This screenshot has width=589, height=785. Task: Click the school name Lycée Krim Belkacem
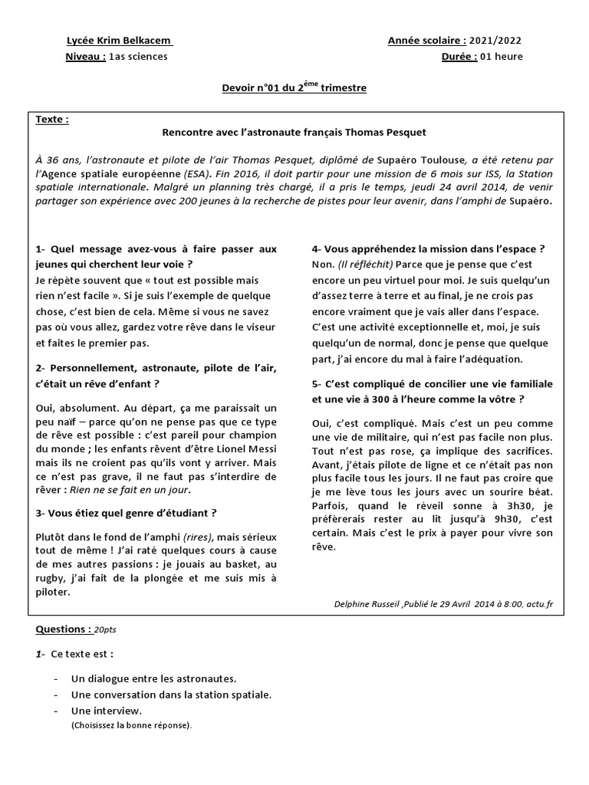[119, 41]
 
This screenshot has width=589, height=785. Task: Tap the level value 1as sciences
[138, 56]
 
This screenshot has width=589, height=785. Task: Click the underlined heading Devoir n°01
[248, 89]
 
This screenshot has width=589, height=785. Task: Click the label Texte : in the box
[52, 120]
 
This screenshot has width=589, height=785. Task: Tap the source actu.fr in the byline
[539, 604]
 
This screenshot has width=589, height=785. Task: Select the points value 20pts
[106, 629]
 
